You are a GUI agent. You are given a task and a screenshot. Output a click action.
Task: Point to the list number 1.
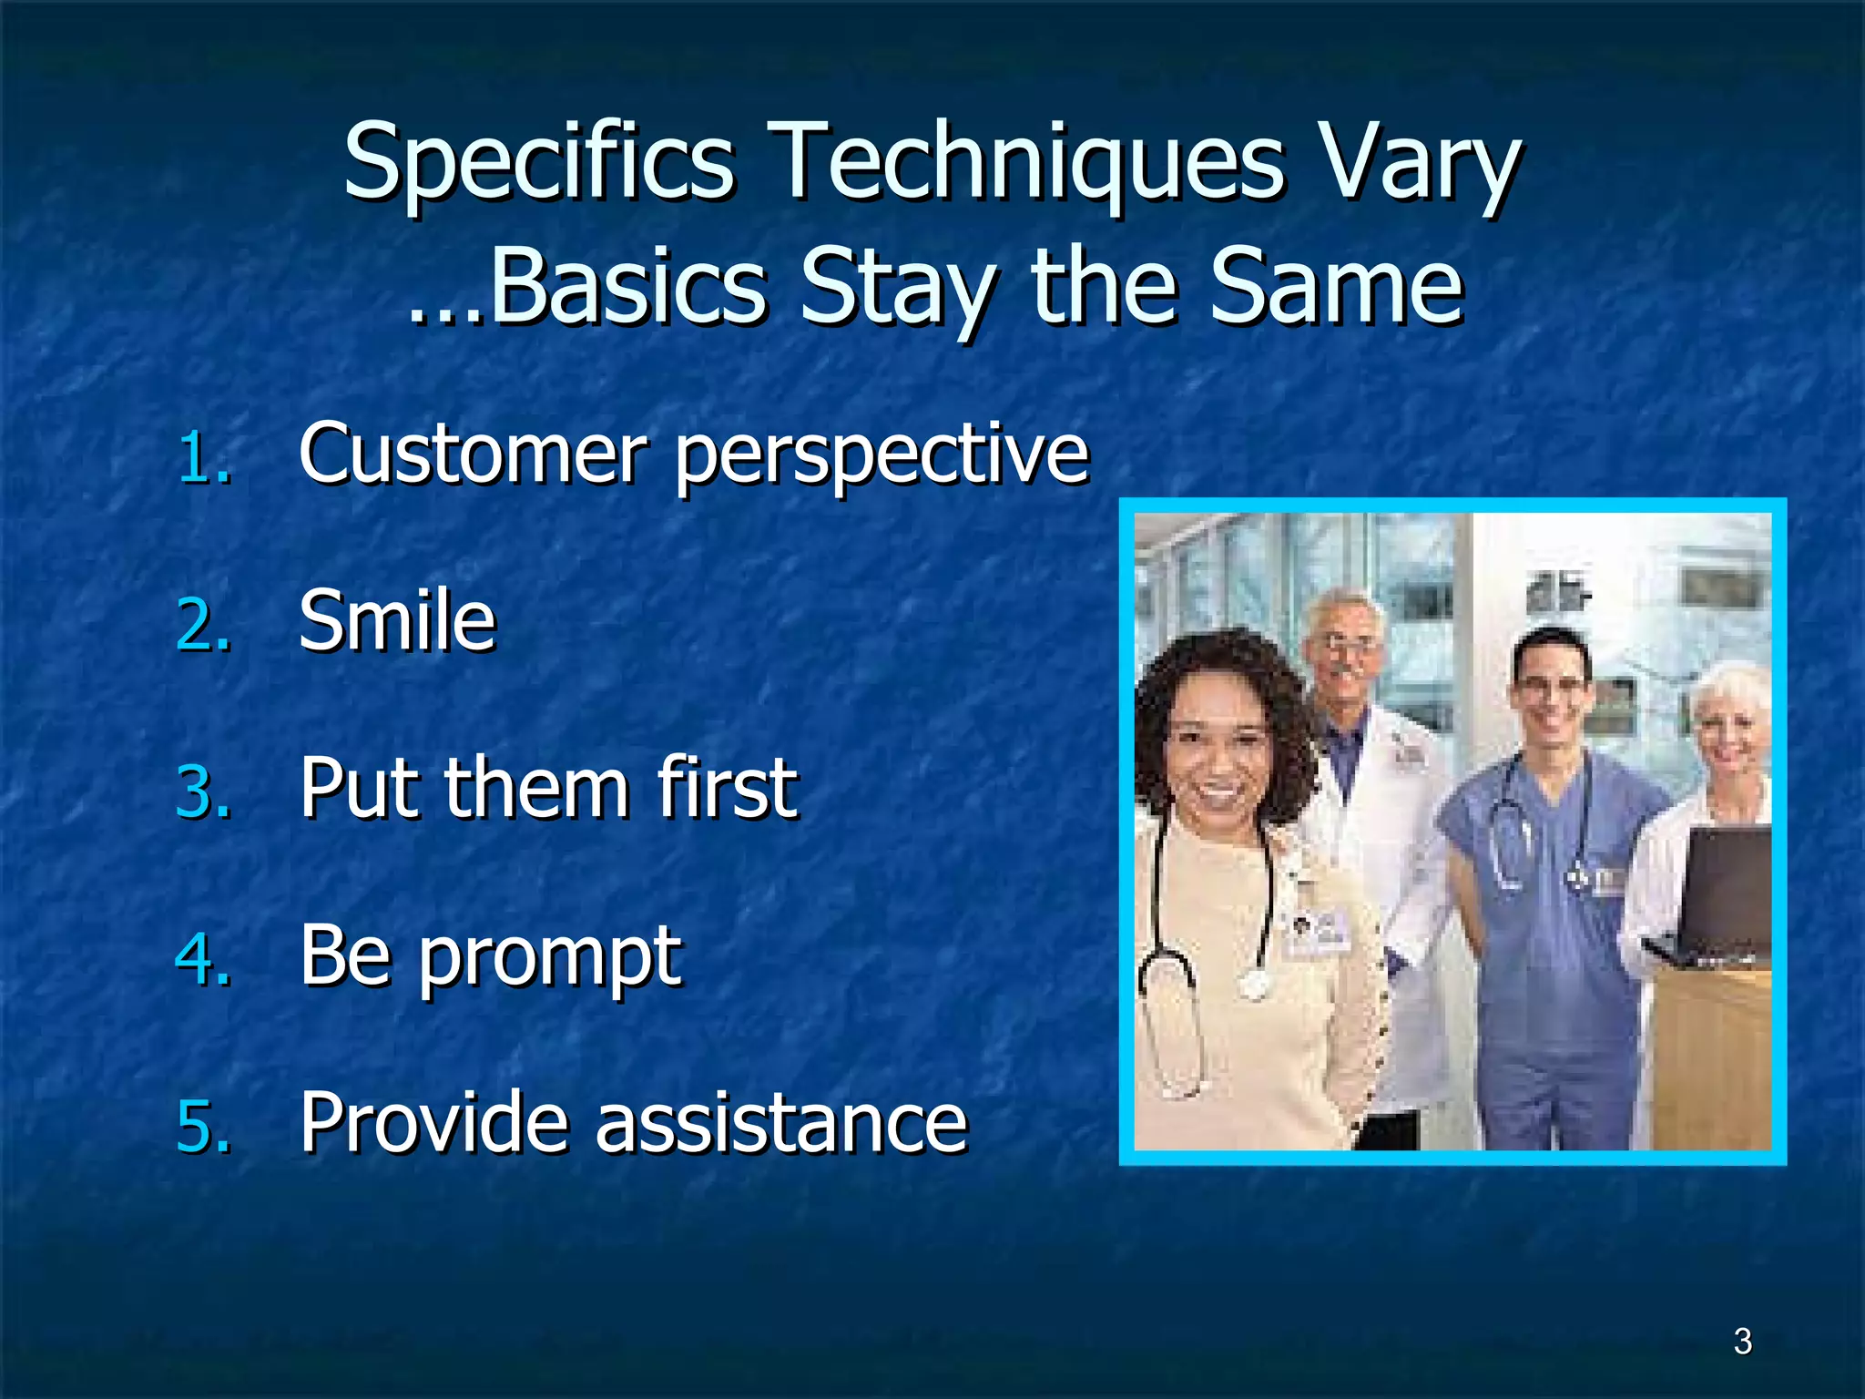pyautogui.click(x=202, y=457)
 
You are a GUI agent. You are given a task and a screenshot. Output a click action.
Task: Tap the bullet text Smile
pyautogui.click(x=397, y=621)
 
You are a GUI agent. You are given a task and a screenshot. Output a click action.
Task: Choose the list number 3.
pyautogui.click(x=202, y=792)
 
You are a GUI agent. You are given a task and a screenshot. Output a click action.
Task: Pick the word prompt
pyautogui.click(x=549, y=959)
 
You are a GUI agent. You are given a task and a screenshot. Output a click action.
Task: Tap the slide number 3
pyautogui.click(x=1742, y=1342)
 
